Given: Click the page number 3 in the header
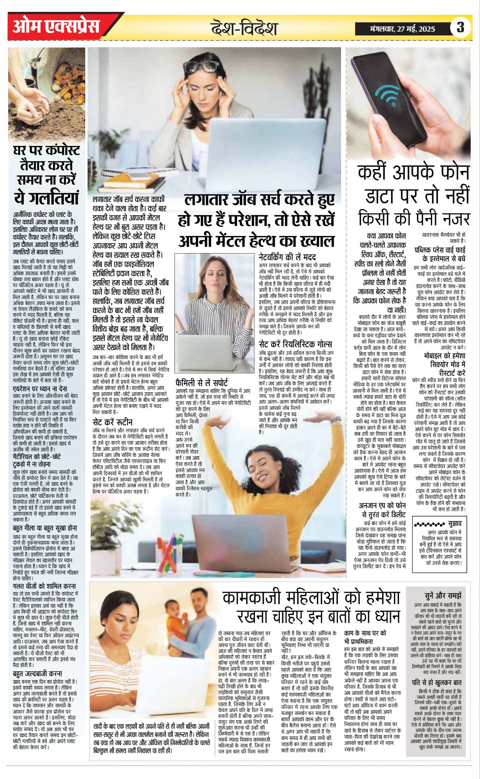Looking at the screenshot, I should pos(460,28).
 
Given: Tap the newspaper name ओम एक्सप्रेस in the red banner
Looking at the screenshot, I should pos(56,26).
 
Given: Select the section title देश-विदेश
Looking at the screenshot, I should pos(244,28).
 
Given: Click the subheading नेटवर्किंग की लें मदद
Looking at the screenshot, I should pos(287,257).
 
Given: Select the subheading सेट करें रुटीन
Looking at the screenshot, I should pos(113,422).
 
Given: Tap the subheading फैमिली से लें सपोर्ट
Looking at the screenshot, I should pos(202,382).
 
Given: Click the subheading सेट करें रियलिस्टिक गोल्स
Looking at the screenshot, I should pos(295,344).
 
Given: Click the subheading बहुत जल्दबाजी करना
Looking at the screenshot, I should pos(37,673).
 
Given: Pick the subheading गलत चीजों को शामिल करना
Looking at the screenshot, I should pos(44,586).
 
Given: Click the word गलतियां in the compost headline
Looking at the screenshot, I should pos(47,197).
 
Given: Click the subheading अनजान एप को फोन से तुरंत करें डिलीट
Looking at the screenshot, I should pos(382,509).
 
